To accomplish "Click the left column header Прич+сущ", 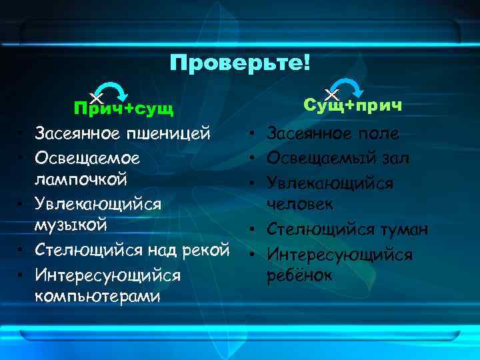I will pos(123,109).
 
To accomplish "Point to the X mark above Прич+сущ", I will pos(96,98).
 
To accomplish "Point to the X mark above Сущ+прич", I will pos(331,94).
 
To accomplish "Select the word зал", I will pos(397,158).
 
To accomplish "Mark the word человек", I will pos(300,203).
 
